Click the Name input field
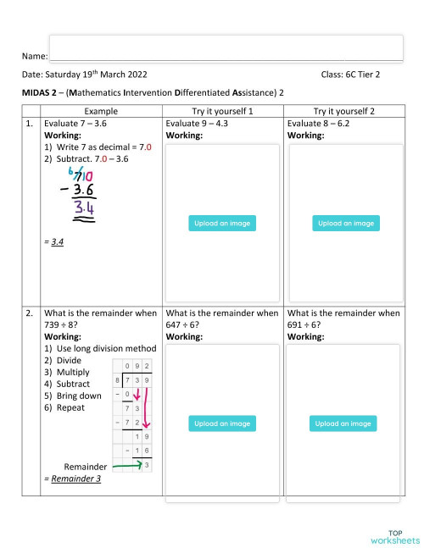click(x=226, y=48)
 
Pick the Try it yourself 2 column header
click(x=344, y=111)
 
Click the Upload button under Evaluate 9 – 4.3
click(x=221, y=224)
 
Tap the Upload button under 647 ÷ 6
click(x=221, y=423)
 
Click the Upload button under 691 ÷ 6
click(x=344, y=423)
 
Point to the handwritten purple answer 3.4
click(x=84, y=208)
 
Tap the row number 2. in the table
click(x=31, y=313)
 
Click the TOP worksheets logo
click(x=394, y=535)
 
